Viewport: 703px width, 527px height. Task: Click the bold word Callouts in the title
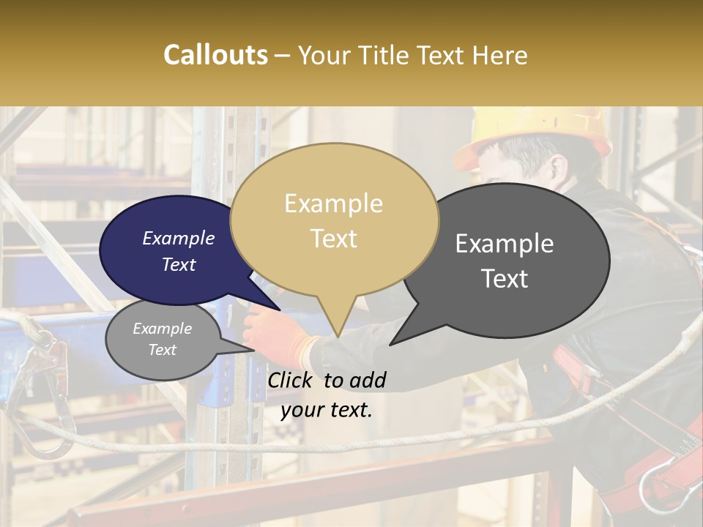pos(215,55)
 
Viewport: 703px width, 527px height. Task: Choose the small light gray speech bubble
pos(162,340)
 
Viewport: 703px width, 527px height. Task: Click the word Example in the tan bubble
pos(333,203)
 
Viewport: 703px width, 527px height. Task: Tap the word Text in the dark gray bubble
pos(505,279)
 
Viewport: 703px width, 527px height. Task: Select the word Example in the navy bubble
pos(178,238)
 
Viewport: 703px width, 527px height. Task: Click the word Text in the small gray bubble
pos(162,350)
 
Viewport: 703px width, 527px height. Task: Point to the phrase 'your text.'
pos(327,410)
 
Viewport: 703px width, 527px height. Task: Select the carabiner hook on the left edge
pos(40,395)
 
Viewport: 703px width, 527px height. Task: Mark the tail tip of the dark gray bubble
pos(390,344)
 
